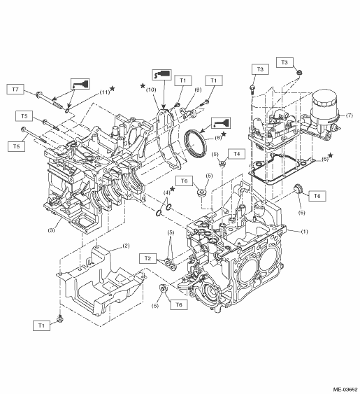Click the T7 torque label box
[15, 89]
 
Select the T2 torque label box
[148, 258]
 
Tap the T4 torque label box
[236, 154]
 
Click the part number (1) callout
[304, 232]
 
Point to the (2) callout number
[126, 246]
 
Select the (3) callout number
[51, 230]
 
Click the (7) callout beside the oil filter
[349, 115]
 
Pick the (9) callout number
[198, 90]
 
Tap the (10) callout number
[151, 90]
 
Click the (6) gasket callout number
[325, 160]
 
